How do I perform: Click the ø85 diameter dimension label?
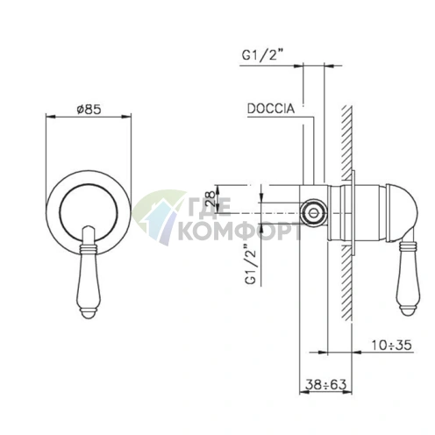pos(89,110)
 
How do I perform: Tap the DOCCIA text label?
pos(271,109)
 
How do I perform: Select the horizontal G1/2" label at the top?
pos(263,55)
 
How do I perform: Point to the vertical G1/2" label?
pos(251,264)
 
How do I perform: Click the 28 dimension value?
pos(211,199)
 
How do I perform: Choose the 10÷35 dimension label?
pos(391,345)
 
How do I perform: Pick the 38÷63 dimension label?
pos(326,384)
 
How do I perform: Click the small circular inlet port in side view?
pos(313,213)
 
